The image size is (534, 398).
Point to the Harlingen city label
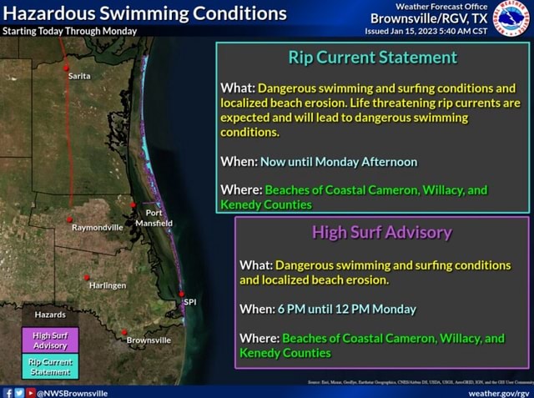click(108, 285)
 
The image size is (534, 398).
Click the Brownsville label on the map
click(149, 340)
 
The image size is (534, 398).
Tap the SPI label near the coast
click(191, 301)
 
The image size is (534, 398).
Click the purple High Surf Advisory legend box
click(50, 340)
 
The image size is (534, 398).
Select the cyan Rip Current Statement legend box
click(50, 365)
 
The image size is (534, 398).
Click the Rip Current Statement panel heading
click(372, 58)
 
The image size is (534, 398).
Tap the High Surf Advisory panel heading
click(382, 232)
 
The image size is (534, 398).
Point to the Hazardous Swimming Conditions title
click(144, 13)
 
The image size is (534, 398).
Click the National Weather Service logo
click(510, 18)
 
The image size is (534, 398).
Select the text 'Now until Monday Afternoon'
click(339, 161)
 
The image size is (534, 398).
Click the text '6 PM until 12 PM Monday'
click(345, 309)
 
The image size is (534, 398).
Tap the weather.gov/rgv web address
click(499, 391)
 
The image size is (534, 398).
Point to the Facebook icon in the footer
click(8, 391)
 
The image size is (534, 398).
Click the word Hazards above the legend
click(49, 315)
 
